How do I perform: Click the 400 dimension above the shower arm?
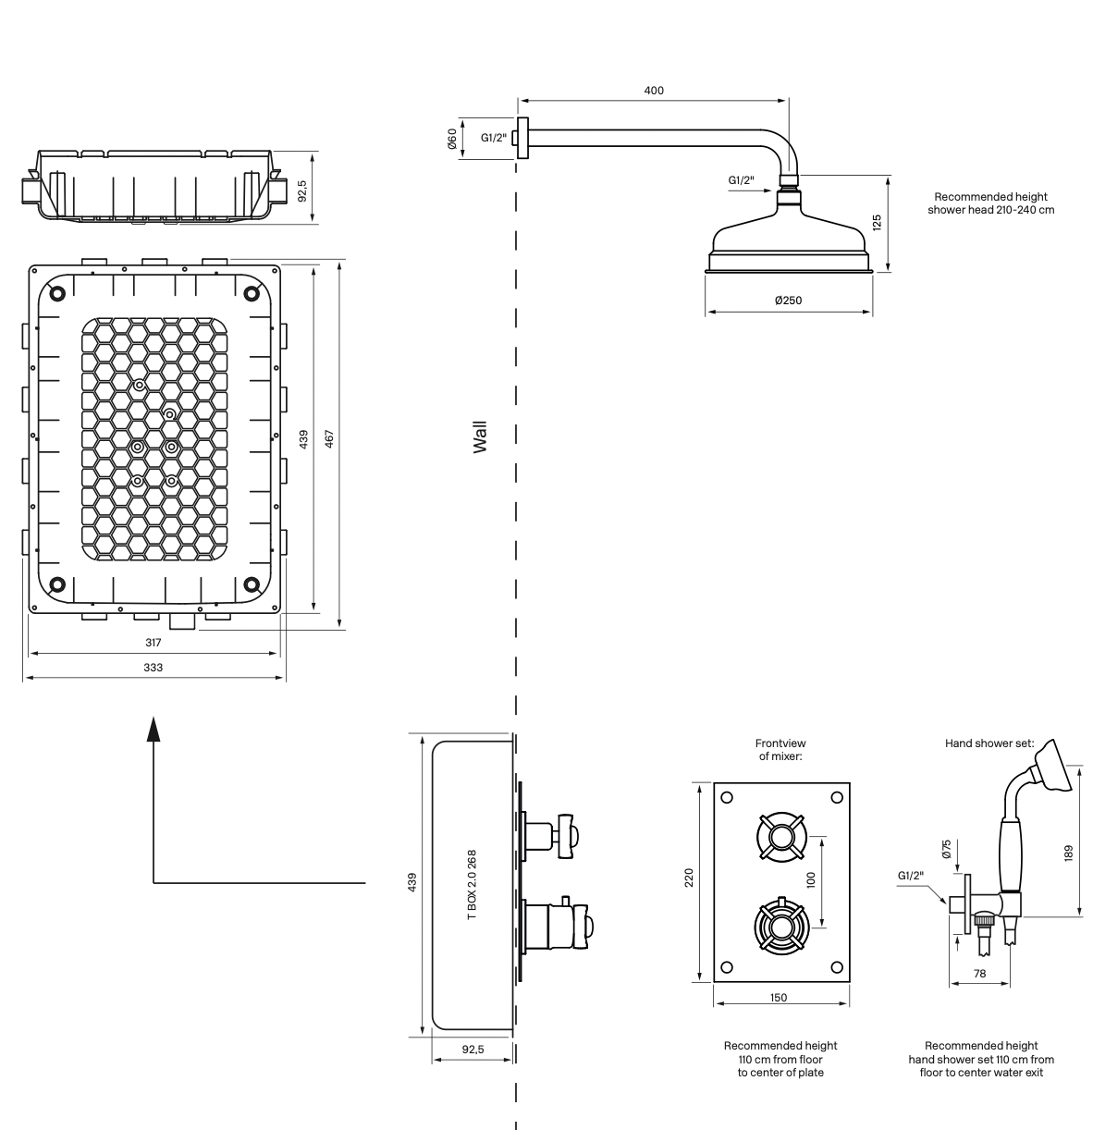coord(654,91)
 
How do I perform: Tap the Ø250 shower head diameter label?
coord(788,301)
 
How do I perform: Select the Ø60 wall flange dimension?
coord(452,139)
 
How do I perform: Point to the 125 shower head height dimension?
coord(877,223)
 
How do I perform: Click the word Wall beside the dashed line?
coord(480,437)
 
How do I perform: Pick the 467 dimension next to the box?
coord(329,438)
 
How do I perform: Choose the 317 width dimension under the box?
coord(154,643)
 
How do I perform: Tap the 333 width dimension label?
coord(154,668)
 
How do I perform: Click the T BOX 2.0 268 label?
coord(472,884)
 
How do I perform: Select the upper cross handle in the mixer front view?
coord(781,837)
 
